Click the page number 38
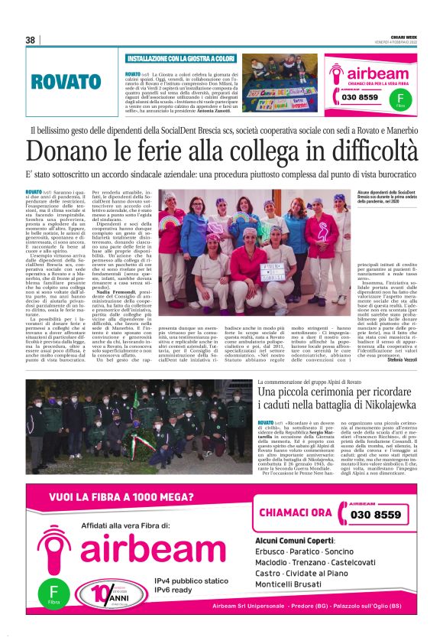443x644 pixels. [x=31, y=40]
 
